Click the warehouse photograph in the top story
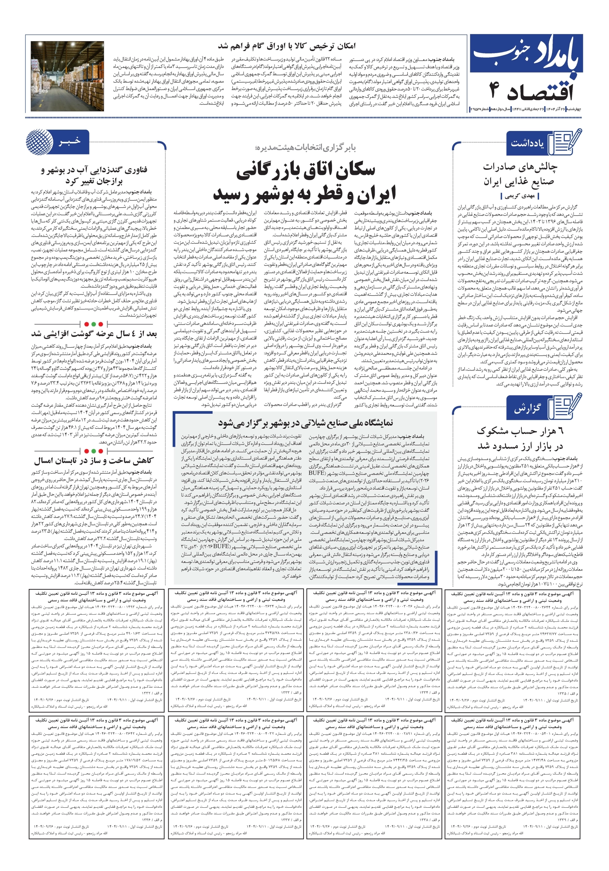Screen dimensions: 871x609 click(x=67, y=76)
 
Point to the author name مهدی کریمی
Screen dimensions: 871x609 click(x=520, y=196)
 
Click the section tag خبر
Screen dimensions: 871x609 click(x=70, y=142)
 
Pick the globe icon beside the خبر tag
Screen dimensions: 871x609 click(x=39, y=142)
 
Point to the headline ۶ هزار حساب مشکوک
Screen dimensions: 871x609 click(x=520, y=438)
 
